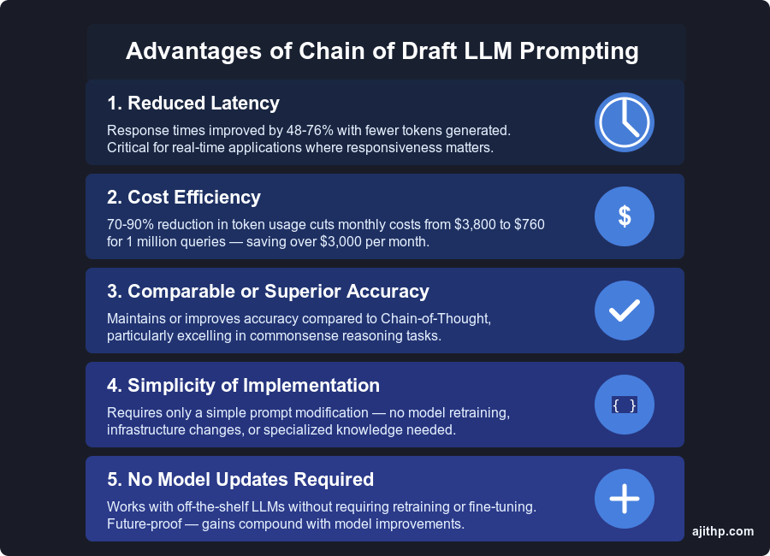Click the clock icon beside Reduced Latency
click(x=625, y=122)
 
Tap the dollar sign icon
click(x=625, y=216)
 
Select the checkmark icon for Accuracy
click(x=625, y=311)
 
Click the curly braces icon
click(x=625, y=405)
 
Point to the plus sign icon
click(x=625, y=499)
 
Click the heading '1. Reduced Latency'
click(x=193, y=104)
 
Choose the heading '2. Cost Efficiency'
click(x=184, y=198)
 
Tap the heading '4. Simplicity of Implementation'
click(x=243, y=386)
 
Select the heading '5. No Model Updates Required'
click(x=240, y=480)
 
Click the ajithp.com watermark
click(x=723, y=531)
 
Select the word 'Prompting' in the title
click(x=583, y=51)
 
